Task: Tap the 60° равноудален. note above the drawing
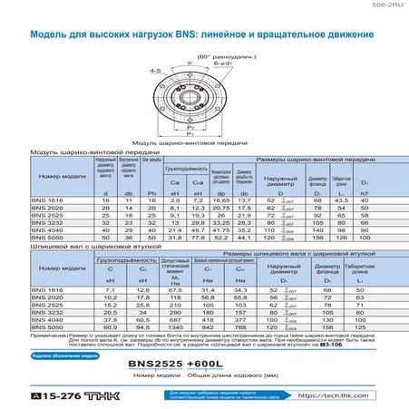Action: (206, 55)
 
